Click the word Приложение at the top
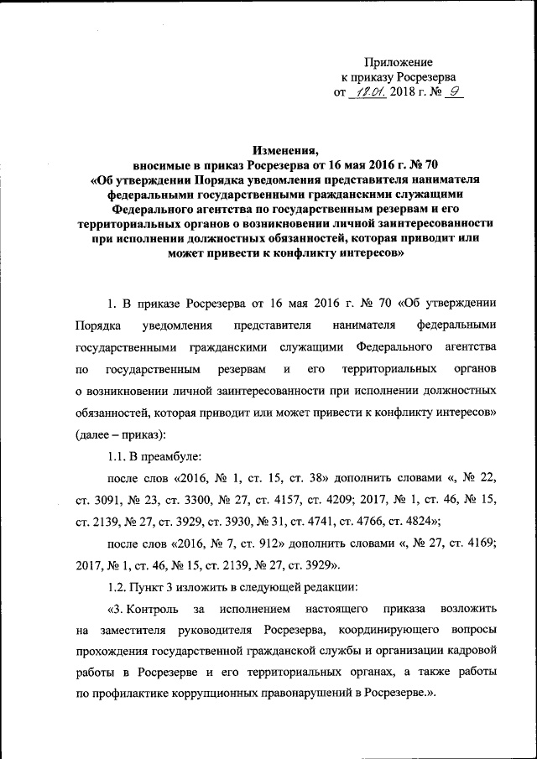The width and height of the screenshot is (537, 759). [x=399, y=63]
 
